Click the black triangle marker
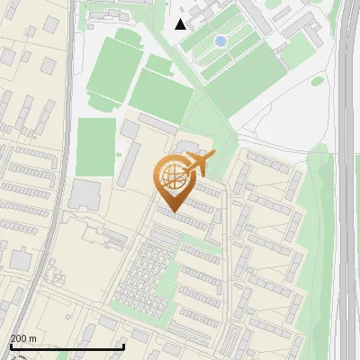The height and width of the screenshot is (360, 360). [x=181, y=23]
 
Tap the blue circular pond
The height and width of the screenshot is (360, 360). [x=220, y=41]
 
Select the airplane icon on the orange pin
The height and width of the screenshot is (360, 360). [x=199, y=164]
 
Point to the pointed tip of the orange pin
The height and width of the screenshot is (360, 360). [x=173, y=211]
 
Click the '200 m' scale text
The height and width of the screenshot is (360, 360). [x=23, y=338]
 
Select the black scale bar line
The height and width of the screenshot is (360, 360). [x=67, y=346]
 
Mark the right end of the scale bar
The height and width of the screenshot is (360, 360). [x=123, y=346]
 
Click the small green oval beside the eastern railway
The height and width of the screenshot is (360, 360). [x=318, y=81]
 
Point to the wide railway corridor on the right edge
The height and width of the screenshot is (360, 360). [x=346, y=180]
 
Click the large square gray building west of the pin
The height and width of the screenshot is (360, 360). [x=85, y=193]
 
